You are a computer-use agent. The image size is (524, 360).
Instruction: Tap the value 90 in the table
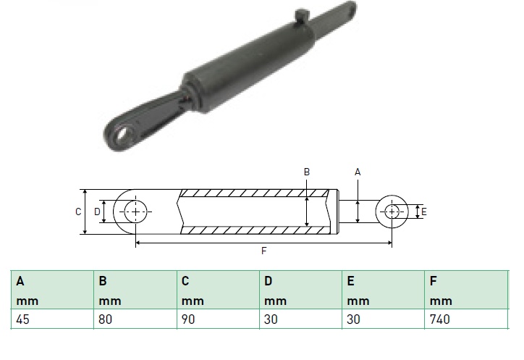[x=187, y=319]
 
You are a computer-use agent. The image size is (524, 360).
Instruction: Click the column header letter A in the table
[x=20, y=281]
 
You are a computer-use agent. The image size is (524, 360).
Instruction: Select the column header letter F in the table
[x=433, y=281]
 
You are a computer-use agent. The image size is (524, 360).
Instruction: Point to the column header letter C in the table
[x=185, y=281]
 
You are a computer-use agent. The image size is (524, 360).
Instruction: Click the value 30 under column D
[x=271, y=319]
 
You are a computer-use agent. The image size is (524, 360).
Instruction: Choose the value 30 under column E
[x=353, y=319]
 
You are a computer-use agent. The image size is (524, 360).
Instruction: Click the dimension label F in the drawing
[x=263, y=251]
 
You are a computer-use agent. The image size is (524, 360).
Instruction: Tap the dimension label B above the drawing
[x=307, y=172]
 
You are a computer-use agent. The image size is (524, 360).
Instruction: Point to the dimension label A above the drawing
[x=358, y=172]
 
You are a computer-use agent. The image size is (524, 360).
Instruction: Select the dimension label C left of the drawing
[x=78, y=212]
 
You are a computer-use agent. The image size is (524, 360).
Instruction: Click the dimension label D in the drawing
[x=97, y=212]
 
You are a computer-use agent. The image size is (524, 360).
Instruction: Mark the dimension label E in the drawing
[x=423, y=212]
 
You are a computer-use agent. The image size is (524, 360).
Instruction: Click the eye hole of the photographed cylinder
[x=122, y=134]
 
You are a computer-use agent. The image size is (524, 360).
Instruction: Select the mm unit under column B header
[x=109, y=301]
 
